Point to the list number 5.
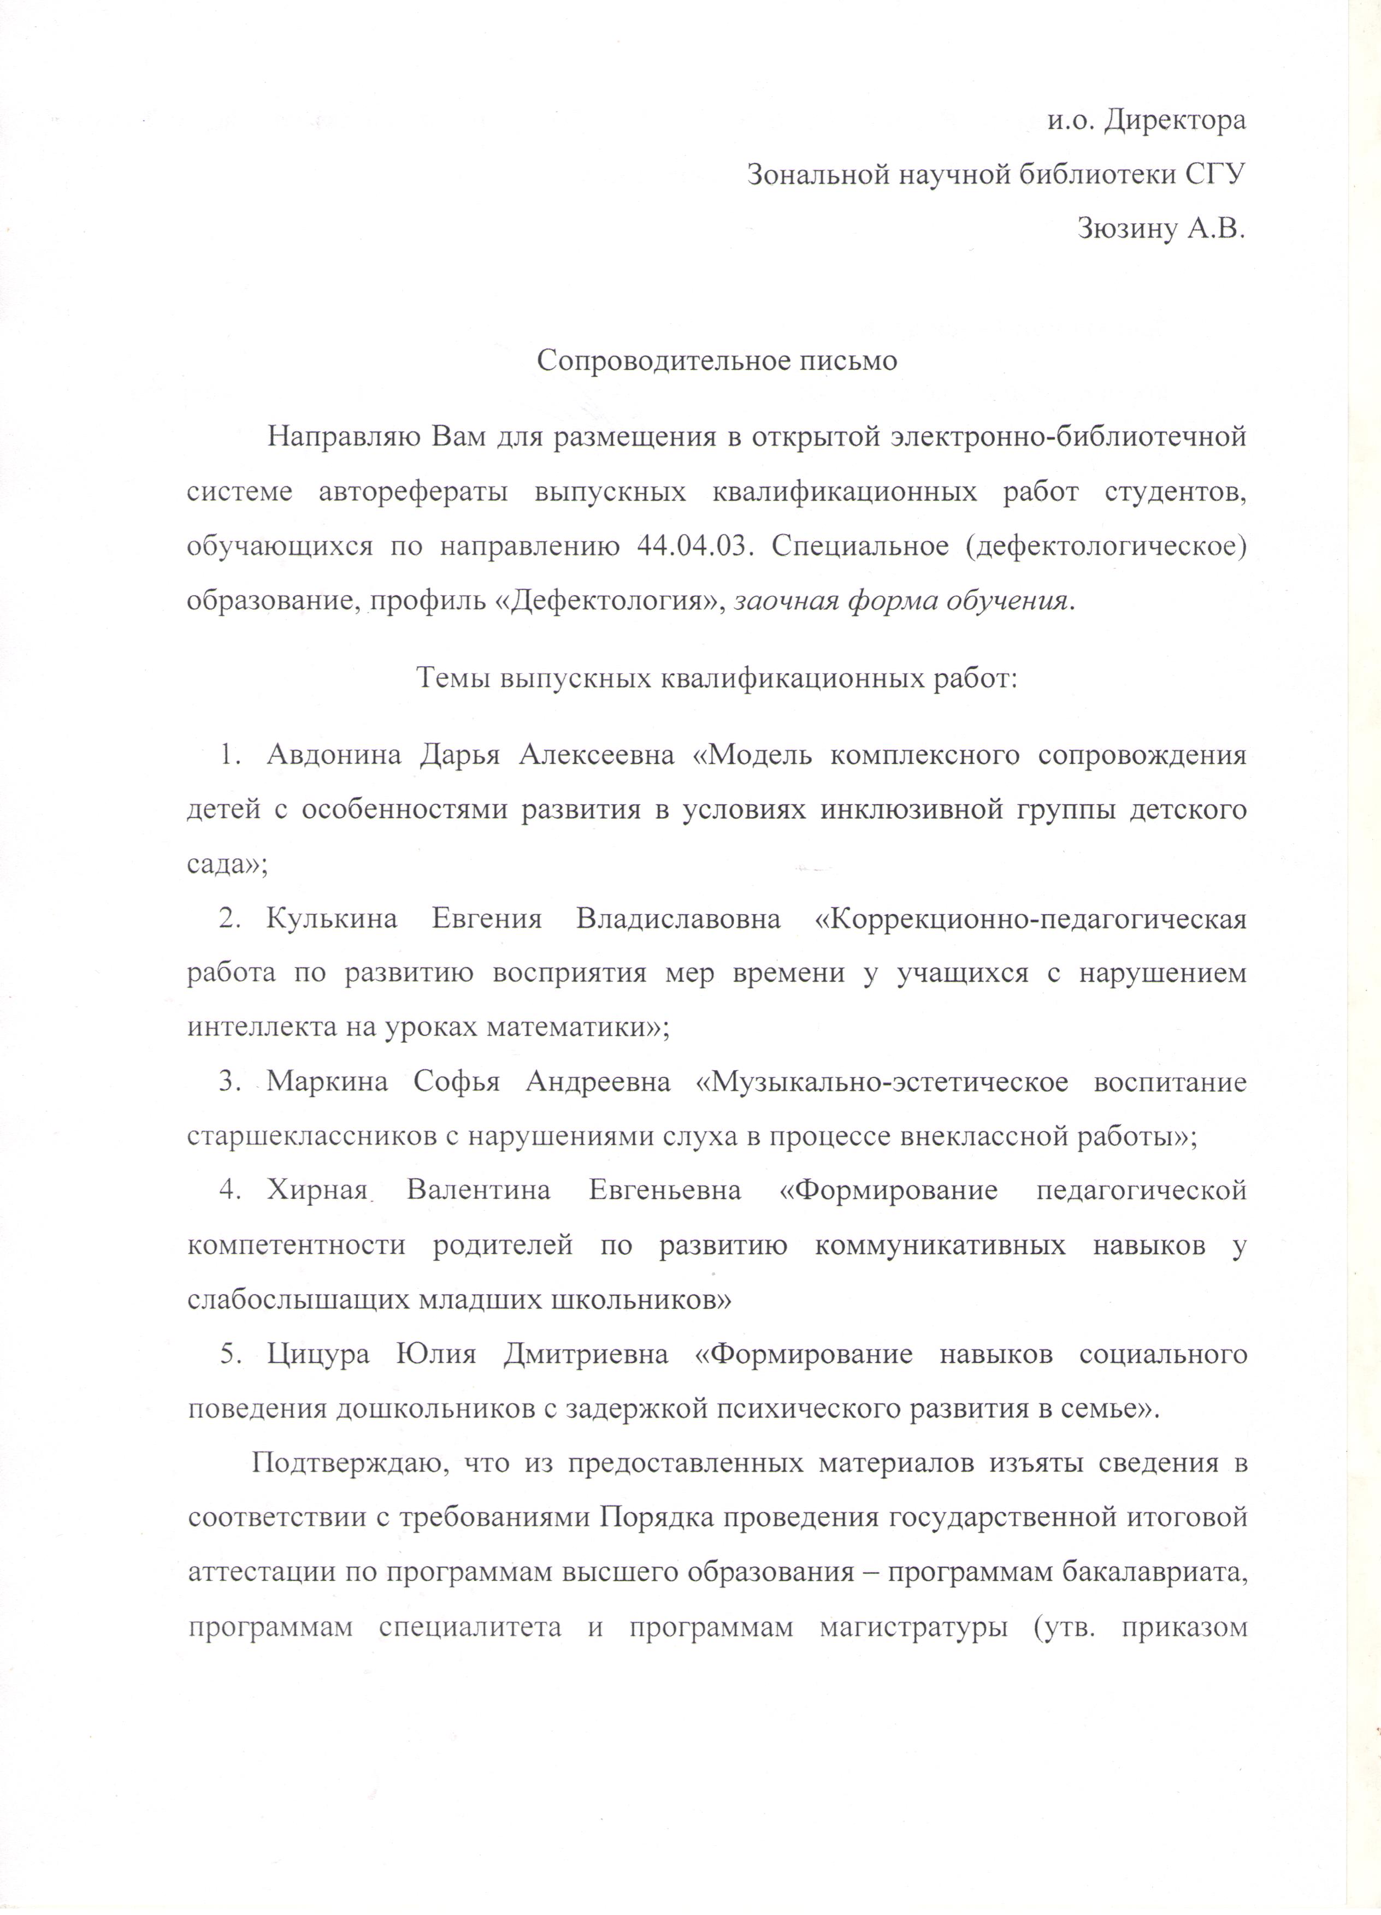pyautogui.click(x=226, y=1355)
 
